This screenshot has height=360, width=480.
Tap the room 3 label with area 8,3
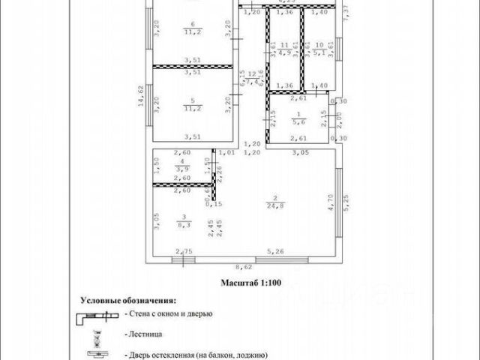pos(182,220)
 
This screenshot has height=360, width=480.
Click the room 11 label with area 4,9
pos(284,49)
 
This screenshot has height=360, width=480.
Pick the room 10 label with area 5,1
pos(319,49)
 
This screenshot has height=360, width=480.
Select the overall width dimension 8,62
pos(244,267)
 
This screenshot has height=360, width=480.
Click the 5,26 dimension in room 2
pos(278,252)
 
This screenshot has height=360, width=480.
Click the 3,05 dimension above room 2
pos(301,152)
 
